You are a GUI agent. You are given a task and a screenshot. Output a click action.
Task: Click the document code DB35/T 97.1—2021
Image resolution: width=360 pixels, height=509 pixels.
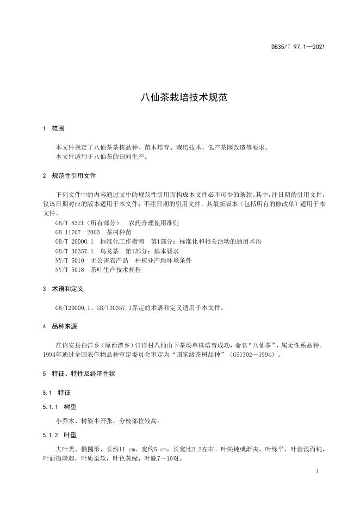pos(298,47)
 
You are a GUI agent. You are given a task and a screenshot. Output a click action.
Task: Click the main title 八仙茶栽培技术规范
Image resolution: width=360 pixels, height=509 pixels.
pos(179,98)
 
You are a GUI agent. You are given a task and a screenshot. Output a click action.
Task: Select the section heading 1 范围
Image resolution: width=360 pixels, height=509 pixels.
pos(53,129)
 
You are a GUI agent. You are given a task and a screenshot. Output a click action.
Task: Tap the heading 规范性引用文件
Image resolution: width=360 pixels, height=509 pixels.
pos(74,176)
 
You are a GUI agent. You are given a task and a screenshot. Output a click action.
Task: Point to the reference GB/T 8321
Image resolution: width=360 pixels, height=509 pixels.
pos(69,224)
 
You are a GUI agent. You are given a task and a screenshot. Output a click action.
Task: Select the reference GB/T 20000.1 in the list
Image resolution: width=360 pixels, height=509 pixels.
pos(75,241)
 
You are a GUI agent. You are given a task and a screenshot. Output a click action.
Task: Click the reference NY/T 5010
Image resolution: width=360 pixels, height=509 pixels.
pos(69,260)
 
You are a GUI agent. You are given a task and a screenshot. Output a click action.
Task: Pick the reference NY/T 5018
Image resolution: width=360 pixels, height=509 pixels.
pos(69,269)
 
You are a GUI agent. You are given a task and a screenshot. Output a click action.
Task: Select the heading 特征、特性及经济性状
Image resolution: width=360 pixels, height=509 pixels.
pos(83,374)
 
